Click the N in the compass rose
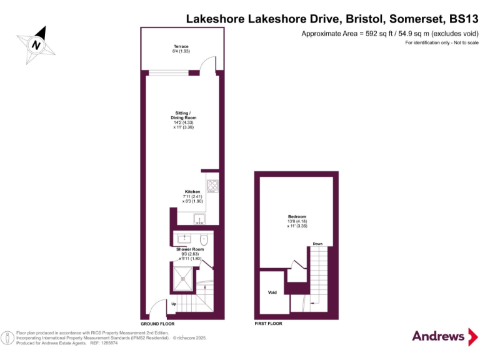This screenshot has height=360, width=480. [36, 45]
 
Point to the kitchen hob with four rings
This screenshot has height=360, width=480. [212, 185]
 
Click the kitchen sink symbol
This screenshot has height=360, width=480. [199, 219]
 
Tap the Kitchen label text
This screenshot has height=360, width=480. [192, 192]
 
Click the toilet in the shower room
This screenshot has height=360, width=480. [204, 239]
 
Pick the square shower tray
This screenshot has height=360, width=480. [184, 276]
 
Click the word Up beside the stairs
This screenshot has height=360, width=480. [173, 304]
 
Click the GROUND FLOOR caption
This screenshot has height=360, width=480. [157, 324]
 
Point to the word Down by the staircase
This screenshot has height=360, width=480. [317, 244]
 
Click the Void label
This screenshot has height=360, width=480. [272, 292]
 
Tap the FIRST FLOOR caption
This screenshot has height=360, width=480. [268, 324]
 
